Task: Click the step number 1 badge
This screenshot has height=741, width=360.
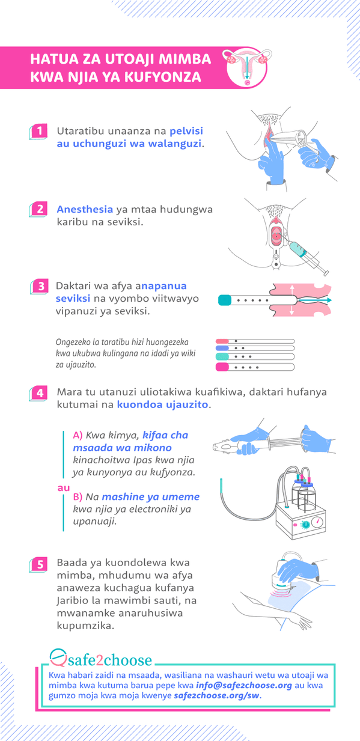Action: point(38,132)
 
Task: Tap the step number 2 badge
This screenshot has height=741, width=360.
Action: point(38,209)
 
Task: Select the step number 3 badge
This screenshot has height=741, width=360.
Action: point(40,286)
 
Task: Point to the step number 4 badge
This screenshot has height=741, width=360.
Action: point(38,393)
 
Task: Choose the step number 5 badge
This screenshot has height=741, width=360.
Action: point(38,564)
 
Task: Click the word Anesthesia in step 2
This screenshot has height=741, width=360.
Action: point(85,209)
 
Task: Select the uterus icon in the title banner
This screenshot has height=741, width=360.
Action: point(247,68)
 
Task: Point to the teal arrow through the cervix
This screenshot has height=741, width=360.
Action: point(314,300)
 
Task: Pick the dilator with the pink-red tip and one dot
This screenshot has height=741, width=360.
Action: point(255,341)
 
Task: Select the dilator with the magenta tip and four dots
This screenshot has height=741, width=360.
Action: point(255,367)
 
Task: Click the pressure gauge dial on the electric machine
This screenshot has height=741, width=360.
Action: point(317,522)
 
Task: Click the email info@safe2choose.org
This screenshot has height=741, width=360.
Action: point(244,685)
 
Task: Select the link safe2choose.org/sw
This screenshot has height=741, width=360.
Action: point(216,695)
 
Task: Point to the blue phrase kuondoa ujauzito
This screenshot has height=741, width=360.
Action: point(162,404)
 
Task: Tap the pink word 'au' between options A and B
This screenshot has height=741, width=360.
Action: point(64,488)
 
